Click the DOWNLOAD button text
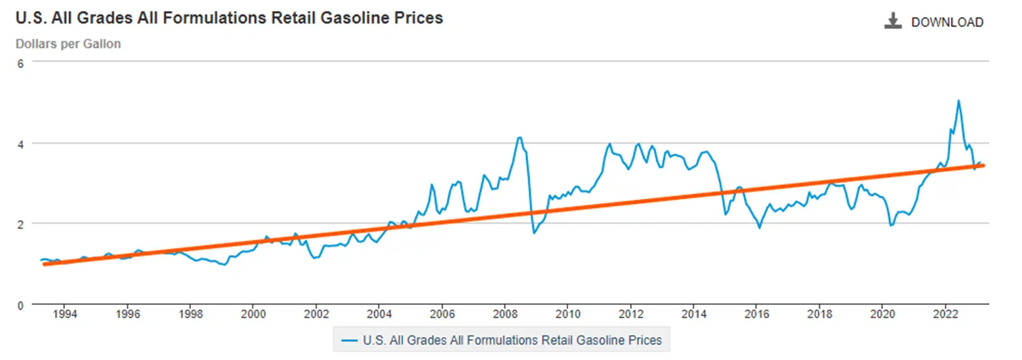pos(947,22)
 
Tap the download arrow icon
pos(892,22)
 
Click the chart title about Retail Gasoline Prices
pos(229,18)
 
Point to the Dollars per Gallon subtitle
pos(68,44)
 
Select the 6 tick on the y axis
pos(20,62)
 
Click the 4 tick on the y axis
pos(20,143)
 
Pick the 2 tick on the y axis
pos(20,224)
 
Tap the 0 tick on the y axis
pos(20,304)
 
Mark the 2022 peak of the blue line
pos(958,100)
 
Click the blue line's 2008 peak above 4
pos(520,137)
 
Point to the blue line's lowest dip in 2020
pos(891,226)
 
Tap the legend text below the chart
pos(512,340)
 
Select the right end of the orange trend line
pos(983,165)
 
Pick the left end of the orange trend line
pos(44,264)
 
